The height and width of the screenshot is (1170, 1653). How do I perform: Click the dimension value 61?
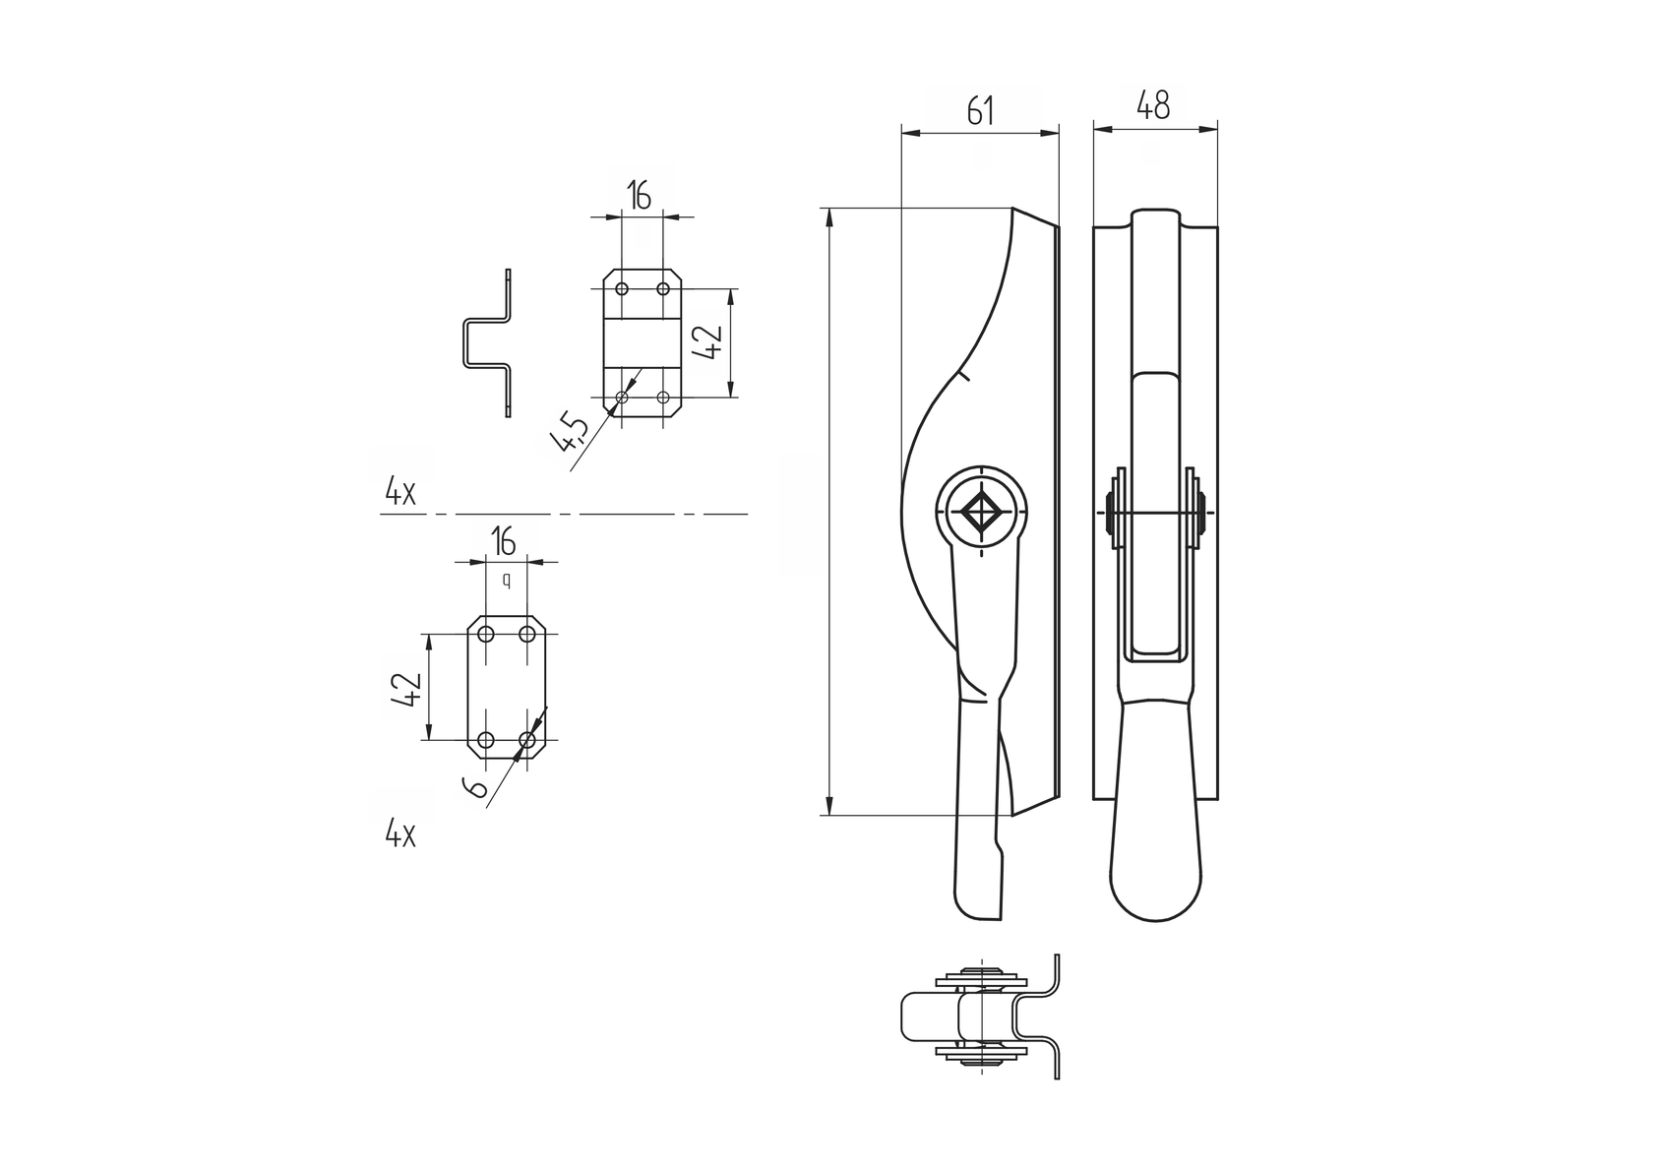[980, 111]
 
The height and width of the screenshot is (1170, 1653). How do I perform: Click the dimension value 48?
[1153, 106]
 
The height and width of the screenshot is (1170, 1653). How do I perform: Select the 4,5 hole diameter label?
[572, 432]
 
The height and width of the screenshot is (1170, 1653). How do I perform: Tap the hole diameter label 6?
[476, 787]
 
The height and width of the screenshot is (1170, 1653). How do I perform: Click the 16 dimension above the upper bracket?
[640, 197]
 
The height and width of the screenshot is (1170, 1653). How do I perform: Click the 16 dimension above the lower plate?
[503, 541]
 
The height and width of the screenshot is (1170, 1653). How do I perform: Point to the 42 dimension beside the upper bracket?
[710, 341]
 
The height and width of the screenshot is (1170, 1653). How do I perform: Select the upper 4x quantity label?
[400, 492]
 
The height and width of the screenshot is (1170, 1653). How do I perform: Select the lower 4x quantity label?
[400, 835]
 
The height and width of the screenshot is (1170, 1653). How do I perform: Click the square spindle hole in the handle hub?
[981, 512]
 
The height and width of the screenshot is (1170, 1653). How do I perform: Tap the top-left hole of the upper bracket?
[622, 288]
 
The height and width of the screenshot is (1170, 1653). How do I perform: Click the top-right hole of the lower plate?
[527, 634]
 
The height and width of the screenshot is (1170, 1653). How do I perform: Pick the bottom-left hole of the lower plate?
[486, 739]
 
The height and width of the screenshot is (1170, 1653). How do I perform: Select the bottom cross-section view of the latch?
[980, 1016]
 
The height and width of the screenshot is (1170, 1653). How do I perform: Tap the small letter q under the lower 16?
[507, 581]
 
